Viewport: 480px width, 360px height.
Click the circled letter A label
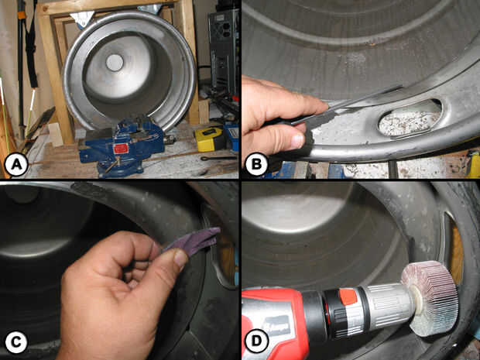point(16,165)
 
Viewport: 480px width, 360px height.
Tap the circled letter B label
point(256,164)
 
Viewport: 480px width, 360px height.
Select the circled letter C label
point(16,342)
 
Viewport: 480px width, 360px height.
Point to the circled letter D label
point(256,341)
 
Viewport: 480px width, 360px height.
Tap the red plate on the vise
point(120,149)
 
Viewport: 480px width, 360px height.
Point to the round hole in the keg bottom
point(115,63)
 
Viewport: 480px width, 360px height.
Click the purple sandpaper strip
point(192,242)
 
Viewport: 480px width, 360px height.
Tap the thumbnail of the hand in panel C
point(180,259)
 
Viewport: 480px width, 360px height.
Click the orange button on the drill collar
point(348,297)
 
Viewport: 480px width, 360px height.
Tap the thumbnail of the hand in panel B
point(297,141)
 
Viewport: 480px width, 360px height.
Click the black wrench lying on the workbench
point(218,158)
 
